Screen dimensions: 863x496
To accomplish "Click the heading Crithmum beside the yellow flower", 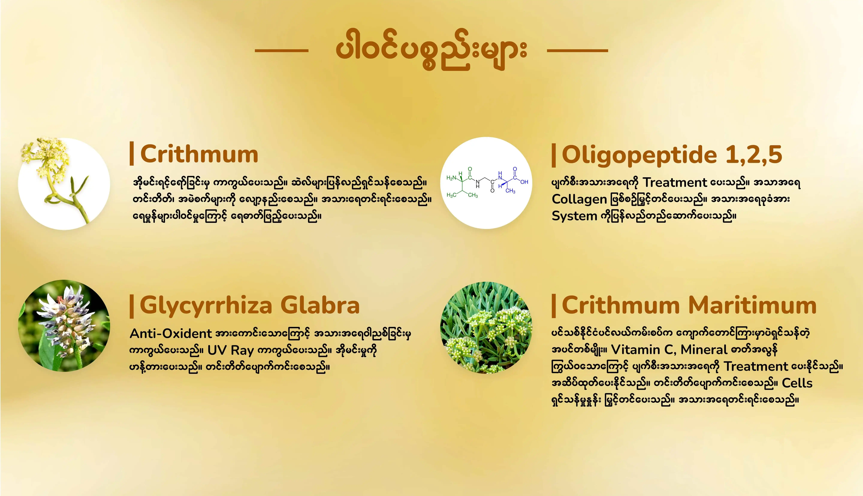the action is tap(199, 154).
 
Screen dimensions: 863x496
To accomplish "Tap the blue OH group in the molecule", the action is tap(524, 182).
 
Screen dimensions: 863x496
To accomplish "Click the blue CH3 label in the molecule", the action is tap(510, 191).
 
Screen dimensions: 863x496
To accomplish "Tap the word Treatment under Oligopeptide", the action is tap(675, 183).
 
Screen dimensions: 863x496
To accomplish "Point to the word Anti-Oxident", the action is tap(171, 334).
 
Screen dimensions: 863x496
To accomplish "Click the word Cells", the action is tap(797, 383).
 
